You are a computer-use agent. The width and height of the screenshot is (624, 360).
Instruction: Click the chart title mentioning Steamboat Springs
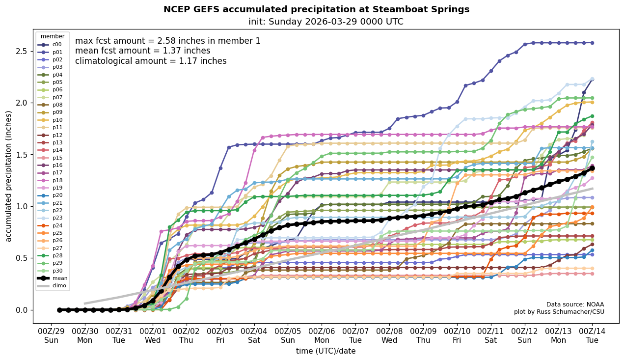pos(316,9)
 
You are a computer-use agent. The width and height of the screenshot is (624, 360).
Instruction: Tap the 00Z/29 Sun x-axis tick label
pos(51,335)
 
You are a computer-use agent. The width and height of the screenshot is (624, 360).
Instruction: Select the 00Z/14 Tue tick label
pos(592,335)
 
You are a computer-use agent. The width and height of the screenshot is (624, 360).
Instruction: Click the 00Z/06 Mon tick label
pos(322,335)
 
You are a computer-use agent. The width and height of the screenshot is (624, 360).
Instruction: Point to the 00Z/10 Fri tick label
pos(457,335)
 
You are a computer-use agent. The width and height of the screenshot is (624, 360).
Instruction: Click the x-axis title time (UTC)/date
pos(326,351)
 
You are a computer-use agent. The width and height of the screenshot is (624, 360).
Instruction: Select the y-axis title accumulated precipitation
pos(8,176)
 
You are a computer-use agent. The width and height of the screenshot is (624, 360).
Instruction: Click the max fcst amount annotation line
pos(167,41)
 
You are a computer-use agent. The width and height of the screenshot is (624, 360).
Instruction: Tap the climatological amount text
pos(151,61)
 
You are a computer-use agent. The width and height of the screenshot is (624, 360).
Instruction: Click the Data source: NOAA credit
pos(575,305)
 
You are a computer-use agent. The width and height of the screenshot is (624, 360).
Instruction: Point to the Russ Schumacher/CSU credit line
pos(559,312)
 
